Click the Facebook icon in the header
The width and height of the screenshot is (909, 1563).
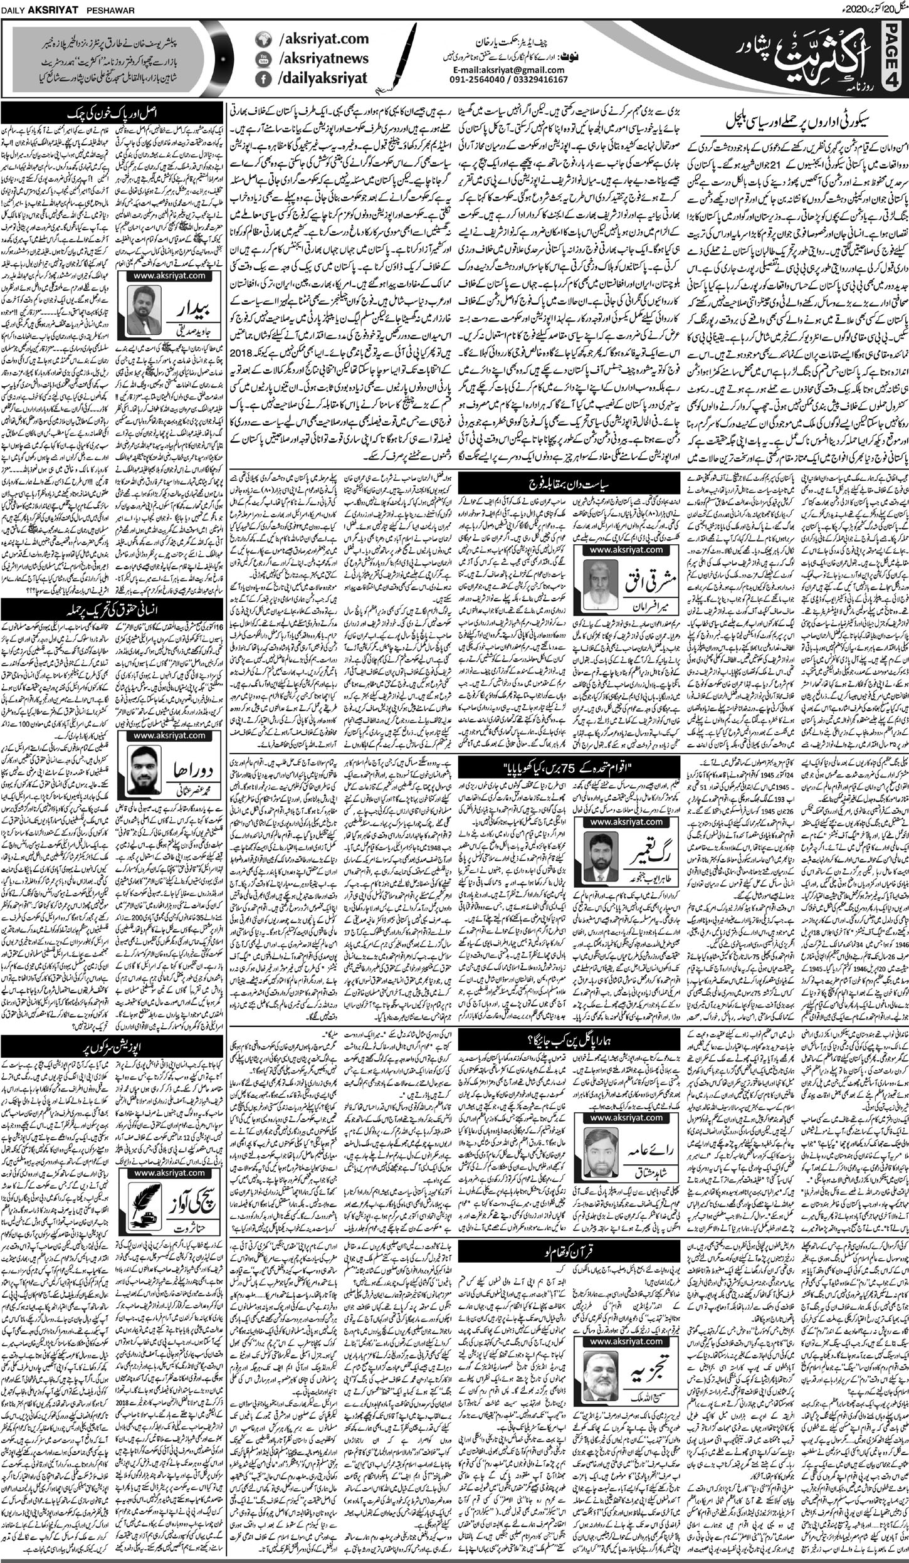pos(263,78)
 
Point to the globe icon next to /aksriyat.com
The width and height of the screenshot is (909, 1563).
pos(263,39)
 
